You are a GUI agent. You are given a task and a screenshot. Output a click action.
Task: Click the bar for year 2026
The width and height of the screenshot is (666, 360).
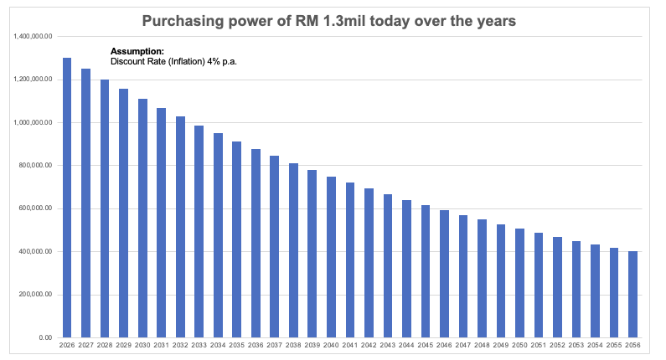pyautogui.click(x=67, y=198)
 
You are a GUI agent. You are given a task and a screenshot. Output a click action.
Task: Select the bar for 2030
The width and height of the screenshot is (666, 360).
pyautogui.click(x=142, y=218)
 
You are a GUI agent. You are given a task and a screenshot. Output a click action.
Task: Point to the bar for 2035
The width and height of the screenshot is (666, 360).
pyautogui.click(x=237, y=239)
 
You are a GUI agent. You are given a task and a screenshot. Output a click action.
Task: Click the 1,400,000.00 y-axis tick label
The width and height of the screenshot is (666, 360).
pyautogui.click(x=34, y=37)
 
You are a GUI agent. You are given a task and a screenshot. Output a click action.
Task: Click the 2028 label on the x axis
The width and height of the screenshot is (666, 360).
pyautogui.click(x=105, y=345)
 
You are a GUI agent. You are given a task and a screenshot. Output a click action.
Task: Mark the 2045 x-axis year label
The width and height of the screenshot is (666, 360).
pyautogui.click(x=426, y=345)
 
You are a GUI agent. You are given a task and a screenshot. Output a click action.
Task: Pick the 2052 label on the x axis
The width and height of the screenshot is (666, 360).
pyautogui.click(x=557, y=345)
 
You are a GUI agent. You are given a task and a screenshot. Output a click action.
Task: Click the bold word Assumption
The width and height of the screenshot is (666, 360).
pyautogui.click(x=132, y=52)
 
